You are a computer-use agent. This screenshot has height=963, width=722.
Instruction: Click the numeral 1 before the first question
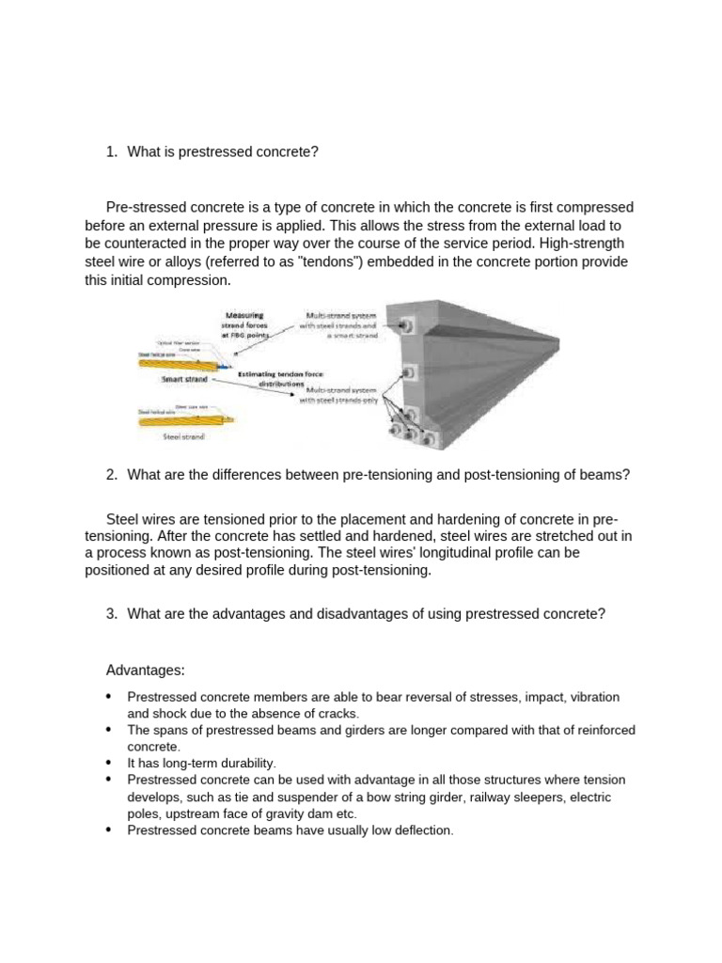[111, 152]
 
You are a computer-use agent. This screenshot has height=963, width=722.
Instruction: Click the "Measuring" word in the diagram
[243, 315]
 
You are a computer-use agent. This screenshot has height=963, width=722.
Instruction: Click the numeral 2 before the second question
[111, 475]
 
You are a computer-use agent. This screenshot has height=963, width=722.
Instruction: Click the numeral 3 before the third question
[111, 614]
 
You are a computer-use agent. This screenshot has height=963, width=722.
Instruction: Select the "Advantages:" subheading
[146, 670]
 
